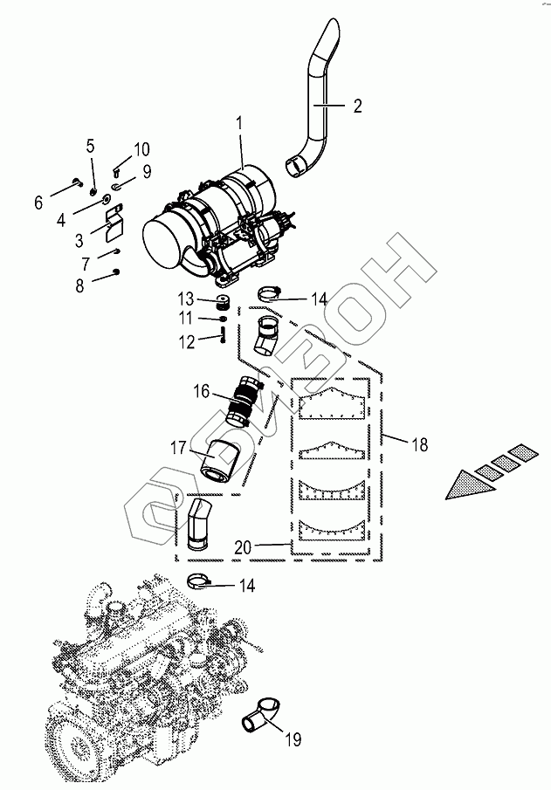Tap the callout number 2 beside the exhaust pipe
(x=357, y=106)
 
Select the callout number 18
(x=419, y=444)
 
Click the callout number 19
(x=293, y=740)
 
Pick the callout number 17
(x=176, y=448)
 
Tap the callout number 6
(x=38, y=203)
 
